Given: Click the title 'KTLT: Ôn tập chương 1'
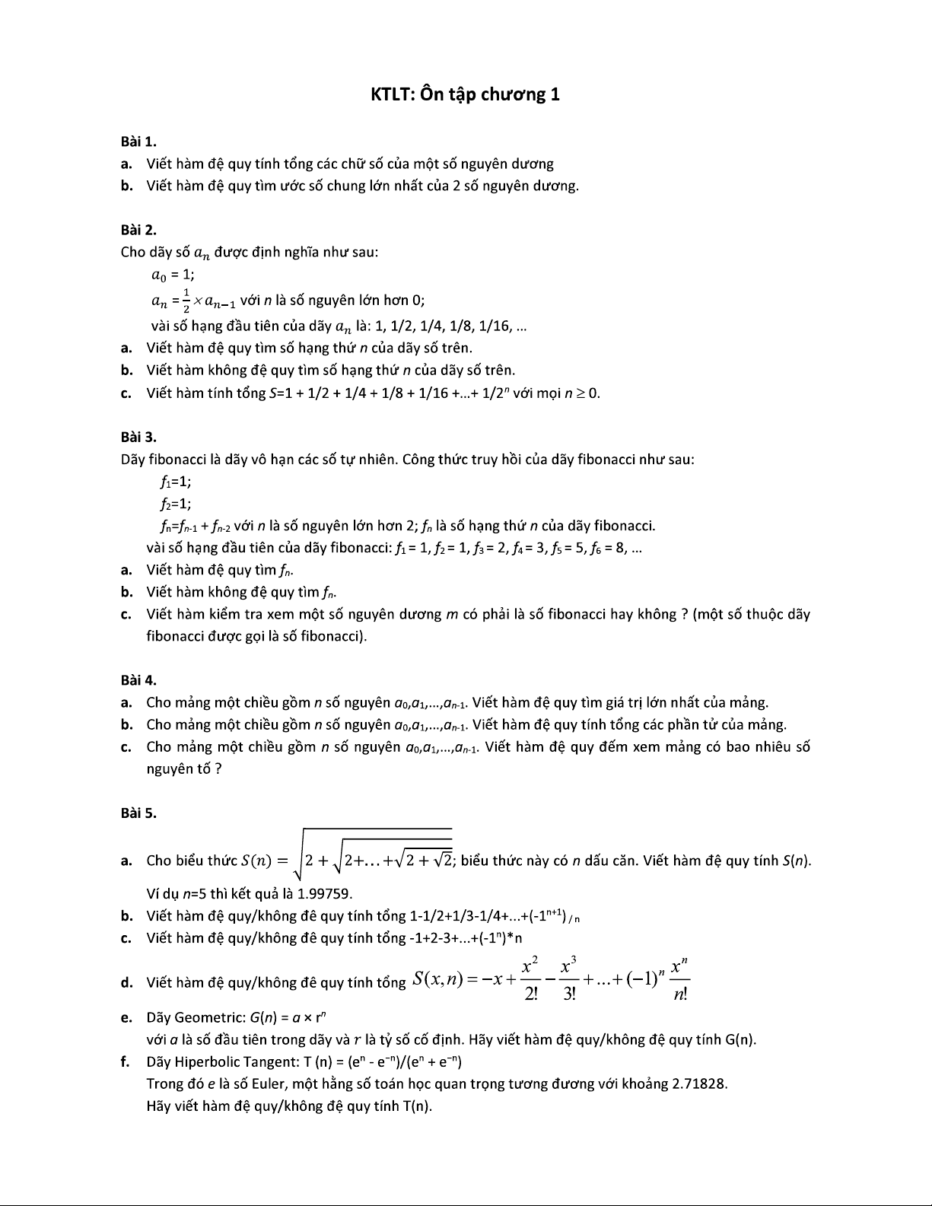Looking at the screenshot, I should click(x=465, y=94).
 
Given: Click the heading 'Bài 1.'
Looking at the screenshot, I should click(x=138, y=142).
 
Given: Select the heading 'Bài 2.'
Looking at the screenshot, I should click(x=138, y=230).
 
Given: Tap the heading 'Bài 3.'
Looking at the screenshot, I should click(x=138, y=437).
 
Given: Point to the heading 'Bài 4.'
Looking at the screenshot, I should click(x=138, y=680).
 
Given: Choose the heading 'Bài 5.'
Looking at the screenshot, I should click(x=138, y=813).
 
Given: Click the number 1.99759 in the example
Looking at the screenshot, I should click(x=324, y=893).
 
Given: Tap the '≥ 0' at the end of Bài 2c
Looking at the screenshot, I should click(x=590, y=393).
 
